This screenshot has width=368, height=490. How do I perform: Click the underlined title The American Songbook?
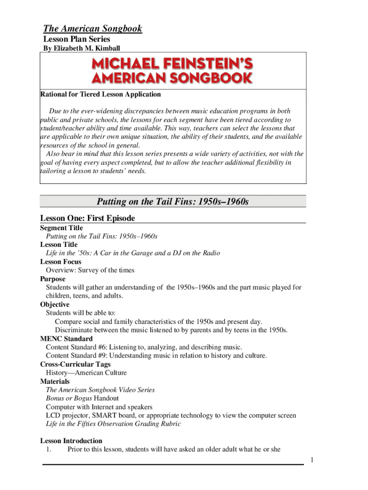pos(93,29)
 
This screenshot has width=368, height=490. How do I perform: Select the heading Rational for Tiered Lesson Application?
pos(100,94)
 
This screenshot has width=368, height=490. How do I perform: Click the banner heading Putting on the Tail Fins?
pos(173,201)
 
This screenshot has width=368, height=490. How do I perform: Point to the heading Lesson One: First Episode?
pos(87,219)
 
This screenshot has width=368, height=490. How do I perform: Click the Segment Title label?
pos(61,228)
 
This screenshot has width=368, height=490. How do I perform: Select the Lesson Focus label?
pos(61,262)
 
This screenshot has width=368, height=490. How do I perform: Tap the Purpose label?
pos(53,279)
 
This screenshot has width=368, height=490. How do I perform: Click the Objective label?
pos(55,304)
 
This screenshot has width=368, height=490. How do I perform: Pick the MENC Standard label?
pos(66,339)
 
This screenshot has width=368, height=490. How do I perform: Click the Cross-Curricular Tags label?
pos(75,364)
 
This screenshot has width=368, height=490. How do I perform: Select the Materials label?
pos(54,381)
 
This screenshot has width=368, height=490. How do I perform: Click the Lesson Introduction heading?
pos(71,441)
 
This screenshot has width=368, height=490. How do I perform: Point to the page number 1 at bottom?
pos(312,460)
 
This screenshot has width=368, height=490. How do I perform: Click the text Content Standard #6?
pos(77,347)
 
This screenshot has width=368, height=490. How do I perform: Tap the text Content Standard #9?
pos(77,356)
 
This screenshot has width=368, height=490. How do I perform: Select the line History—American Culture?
pos(86,373)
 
